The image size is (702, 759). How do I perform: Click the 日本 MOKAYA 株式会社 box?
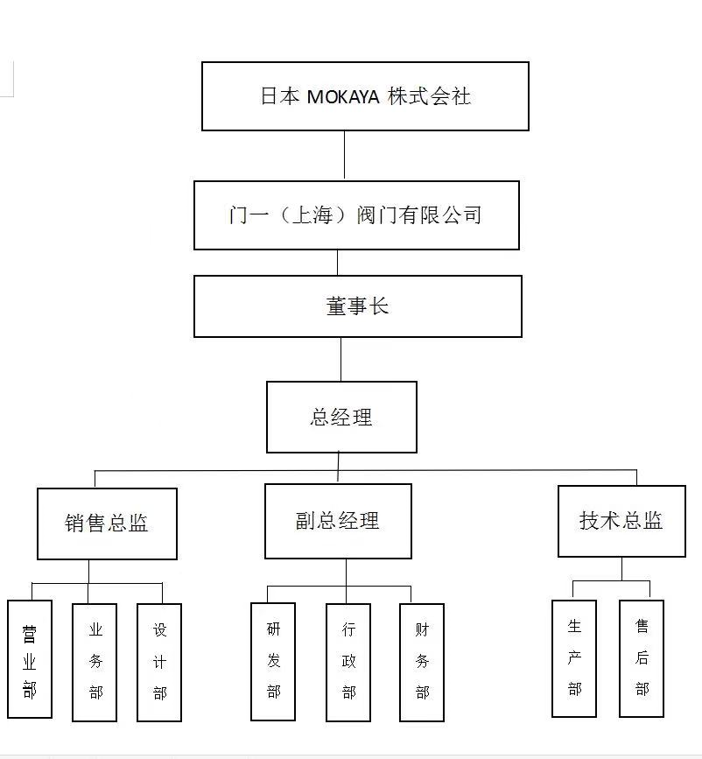(x=365, y=96)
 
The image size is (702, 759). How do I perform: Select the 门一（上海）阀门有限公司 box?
(x=356, y=215)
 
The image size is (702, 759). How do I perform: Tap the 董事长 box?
(x=357, y=306)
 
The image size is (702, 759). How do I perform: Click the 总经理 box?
(x=341, y=417)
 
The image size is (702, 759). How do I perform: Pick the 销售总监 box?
(x=107, y=524)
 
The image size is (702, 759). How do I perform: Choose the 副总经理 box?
(x=338, y=522)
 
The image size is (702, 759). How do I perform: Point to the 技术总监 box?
(x=621, y=521)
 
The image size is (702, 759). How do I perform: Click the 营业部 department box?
(x=30, y=658)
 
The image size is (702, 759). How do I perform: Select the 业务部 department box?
(x=95, y=662)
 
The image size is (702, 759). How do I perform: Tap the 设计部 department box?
(x=159, y=662)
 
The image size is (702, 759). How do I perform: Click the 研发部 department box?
(x=273, y=661)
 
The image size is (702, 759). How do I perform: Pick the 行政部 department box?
(x=348, y=662)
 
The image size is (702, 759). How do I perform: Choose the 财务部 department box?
(x=422, y=662)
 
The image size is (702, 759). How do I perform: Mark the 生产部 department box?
(x=574, y=658)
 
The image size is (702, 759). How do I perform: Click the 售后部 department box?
(x=642, y=658)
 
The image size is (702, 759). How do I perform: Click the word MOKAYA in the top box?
(x=343, y=97)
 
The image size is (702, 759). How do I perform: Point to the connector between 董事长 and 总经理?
(x=341, y=359)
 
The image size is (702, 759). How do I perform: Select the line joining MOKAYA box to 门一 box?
(x=344, y=156)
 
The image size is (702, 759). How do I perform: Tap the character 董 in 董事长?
(x=336, y=306)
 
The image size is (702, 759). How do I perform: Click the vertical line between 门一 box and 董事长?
(x=338, y=263)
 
